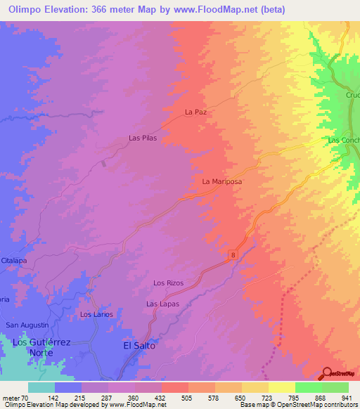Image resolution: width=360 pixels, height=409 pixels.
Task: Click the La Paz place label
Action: tap(198, 112)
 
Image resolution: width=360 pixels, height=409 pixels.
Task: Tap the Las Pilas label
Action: tap(142, 138)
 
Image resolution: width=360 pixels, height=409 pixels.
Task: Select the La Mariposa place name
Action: tap(221, 181)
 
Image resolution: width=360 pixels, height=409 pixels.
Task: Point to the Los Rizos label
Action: tap(168, 283)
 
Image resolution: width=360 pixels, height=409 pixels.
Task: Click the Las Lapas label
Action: tap(162, 304)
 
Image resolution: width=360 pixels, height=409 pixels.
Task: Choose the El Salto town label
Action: tap(139, 346)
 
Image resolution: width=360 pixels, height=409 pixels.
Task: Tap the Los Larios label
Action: tap(96, 314)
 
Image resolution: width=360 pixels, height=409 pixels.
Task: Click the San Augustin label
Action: tap(27, 325)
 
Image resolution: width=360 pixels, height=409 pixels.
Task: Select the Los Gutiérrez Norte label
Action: tap(42, 346)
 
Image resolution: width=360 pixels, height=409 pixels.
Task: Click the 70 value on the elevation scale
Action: tap(25, 397)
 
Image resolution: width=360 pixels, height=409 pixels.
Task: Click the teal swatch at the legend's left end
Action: tap(41, 387)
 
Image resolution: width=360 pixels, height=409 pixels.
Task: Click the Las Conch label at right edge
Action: tap(345, 141)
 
